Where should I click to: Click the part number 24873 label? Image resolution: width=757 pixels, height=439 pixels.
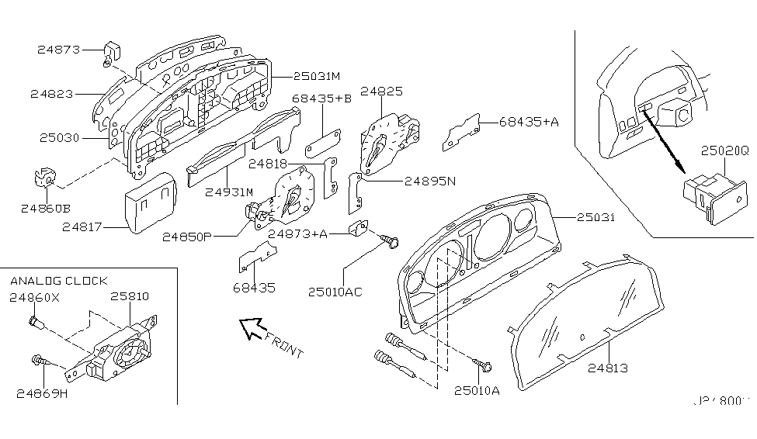(x=58, y=50)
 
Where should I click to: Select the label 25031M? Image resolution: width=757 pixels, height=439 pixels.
(x=318, y=76)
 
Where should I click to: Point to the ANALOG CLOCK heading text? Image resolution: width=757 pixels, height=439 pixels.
(x=58, y=280)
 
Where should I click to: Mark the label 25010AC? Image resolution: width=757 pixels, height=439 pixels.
(x=335, y=292)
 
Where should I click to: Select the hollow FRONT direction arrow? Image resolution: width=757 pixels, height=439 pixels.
(x=252, y=329)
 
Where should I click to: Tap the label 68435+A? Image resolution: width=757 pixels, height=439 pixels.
(x=528, y=122)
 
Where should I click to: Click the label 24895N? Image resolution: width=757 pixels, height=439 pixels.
(x=430, y=181)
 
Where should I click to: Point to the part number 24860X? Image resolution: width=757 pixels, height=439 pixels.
(x=35, y=297)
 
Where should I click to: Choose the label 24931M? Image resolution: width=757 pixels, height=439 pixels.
(x=229, y=192)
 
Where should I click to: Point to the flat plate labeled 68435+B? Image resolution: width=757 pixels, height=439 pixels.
(x=322, y=143)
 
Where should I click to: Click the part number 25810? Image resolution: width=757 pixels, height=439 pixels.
(x=129, y=297)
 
